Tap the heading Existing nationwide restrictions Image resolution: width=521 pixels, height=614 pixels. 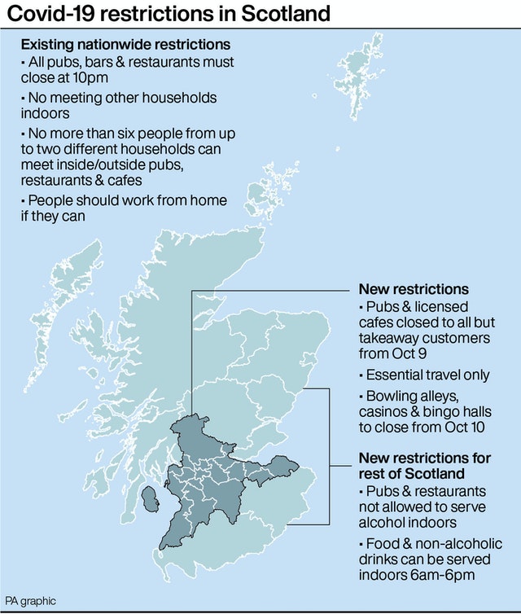[125, 44]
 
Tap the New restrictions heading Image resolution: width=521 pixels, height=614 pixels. [414, 289]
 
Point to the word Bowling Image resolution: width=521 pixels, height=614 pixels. [390, 395]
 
